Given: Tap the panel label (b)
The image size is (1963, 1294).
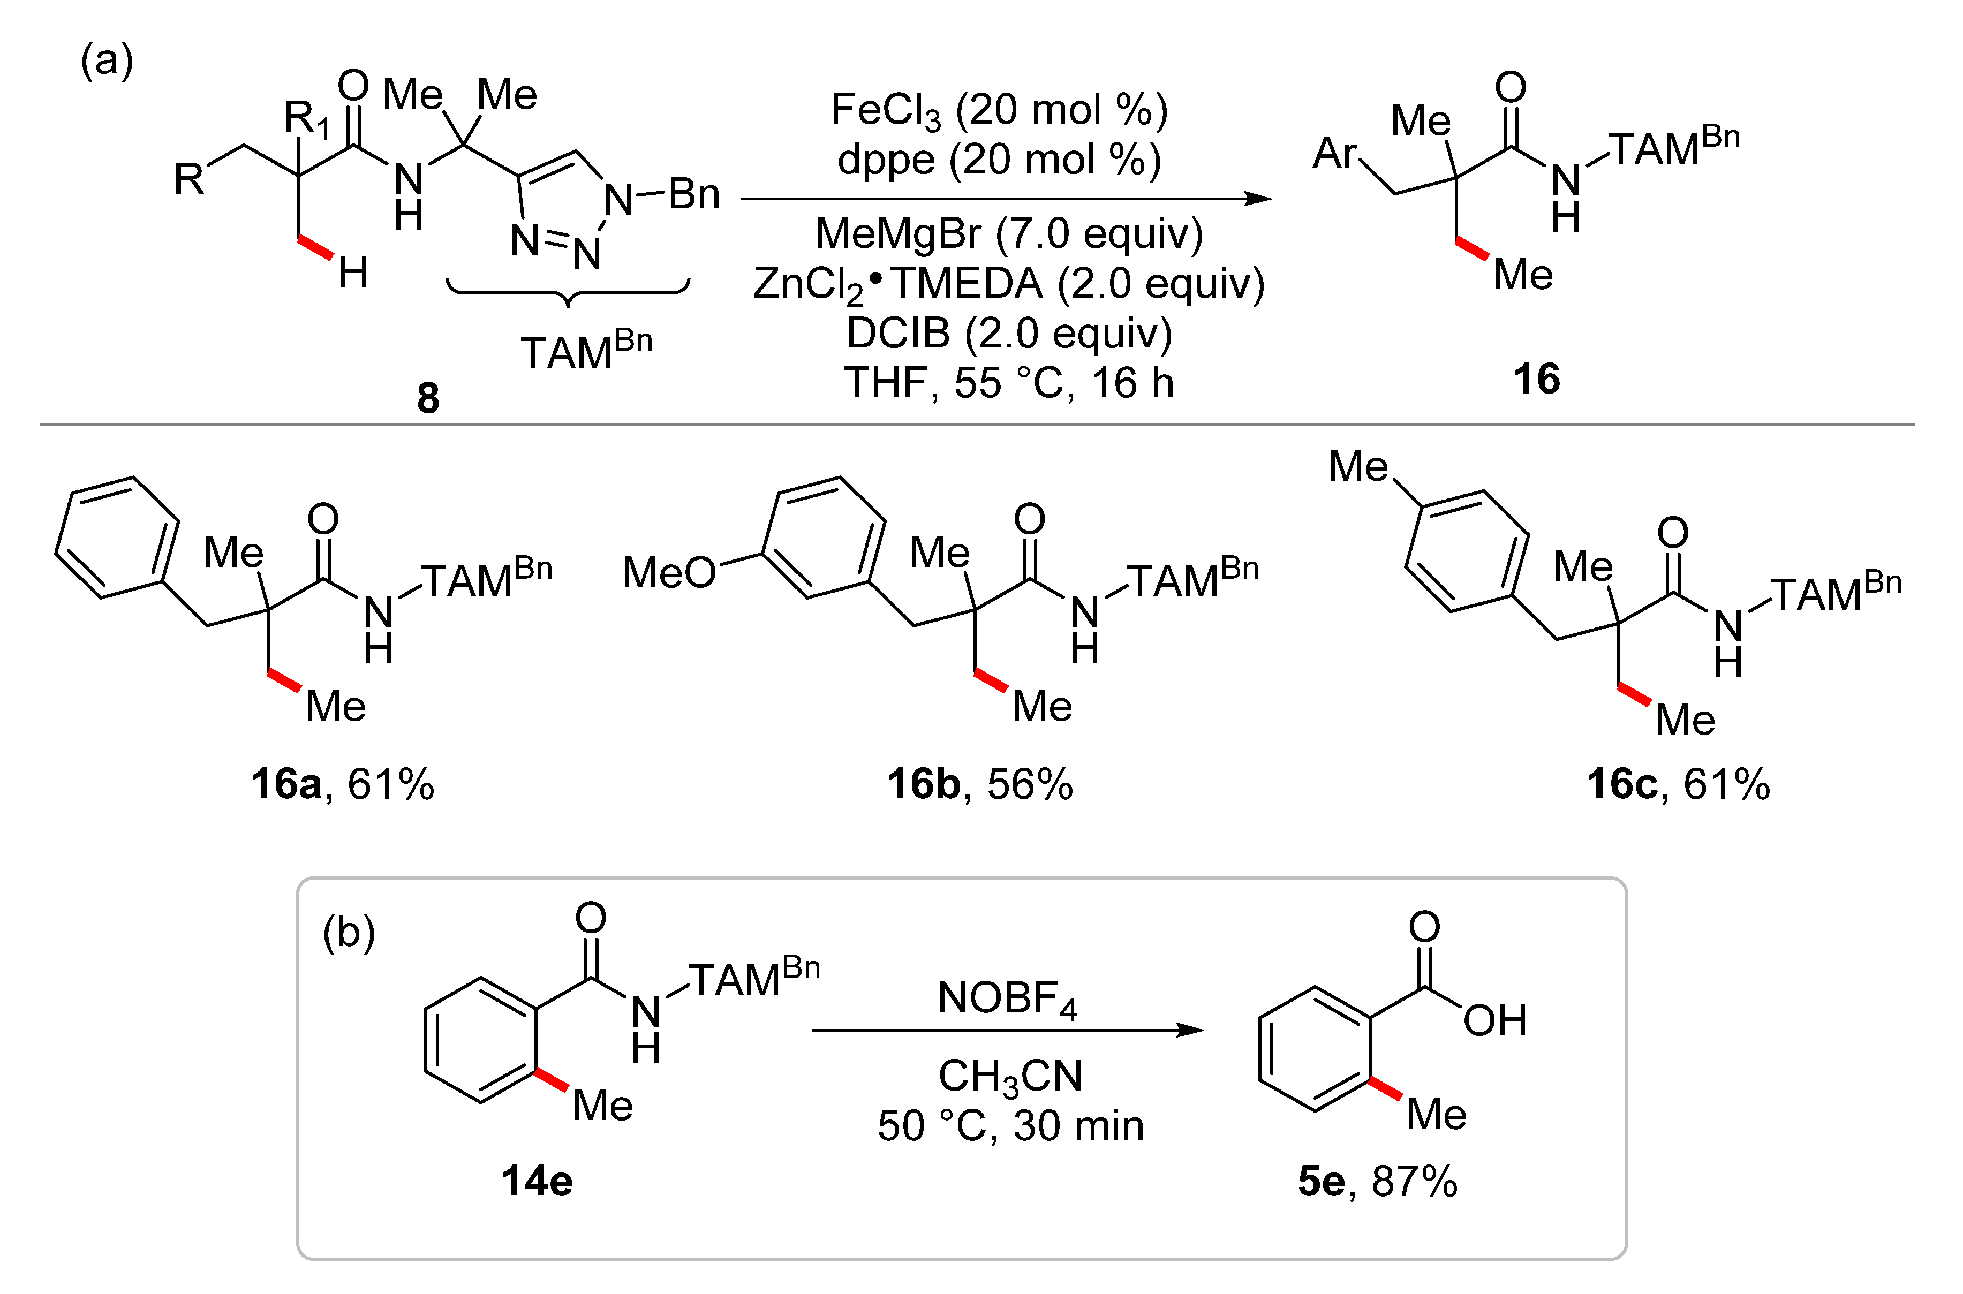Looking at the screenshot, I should (x=348, y=933).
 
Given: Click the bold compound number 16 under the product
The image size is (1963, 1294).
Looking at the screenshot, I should (x=1536, y=379).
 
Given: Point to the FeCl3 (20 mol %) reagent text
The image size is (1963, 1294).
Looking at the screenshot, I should (x=999, y=110).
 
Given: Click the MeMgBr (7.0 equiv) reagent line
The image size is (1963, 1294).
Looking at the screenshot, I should (x=1008, y=233).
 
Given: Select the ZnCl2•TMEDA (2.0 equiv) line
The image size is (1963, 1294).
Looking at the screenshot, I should (x=1008, y=284).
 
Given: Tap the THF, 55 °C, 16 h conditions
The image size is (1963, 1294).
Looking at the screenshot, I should (x=1008, y=383).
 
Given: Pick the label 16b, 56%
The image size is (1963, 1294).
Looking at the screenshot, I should (x=979, y=784).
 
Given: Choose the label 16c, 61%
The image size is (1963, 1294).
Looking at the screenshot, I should (x=1678, y=784).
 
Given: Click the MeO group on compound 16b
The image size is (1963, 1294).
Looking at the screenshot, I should (x=668, y=572).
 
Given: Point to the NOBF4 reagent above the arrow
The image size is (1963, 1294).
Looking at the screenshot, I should (x=1007, y=998).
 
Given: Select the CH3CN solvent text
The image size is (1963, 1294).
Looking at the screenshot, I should (x=1010, y=1076).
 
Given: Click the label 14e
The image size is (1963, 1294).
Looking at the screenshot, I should (x=537, y=1181).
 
